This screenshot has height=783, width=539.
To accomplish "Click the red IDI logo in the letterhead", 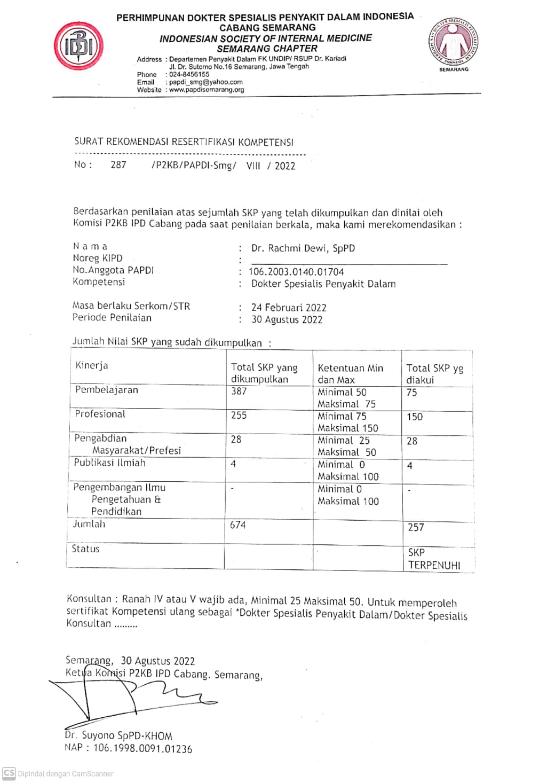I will tap(78, 46).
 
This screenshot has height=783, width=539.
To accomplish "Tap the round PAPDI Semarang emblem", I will tap(453, 41).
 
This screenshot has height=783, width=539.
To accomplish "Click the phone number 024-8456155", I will tap(189, 75).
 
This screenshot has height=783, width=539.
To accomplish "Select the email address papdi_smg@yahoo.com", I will tap(205, 82).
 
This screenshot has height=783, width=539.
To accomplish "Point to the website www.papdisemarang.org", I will tap(207, 90).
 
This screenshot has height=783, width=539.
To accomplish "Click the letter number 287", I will tap(118, 165).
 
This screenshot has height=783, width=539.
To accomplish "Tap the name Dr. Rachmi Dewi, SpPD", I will tap(303, 248).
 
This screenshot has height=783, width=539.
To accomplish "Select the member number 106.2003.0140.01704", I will tap(296, 272).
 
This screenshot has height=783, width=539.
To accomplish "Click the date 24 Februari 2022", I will tap(289, 308).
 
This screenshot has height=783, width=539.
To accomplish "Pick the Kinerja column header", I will tap(92, 366).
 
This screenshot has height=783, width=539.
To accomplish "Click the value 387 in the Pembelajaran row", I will tap(239, 391).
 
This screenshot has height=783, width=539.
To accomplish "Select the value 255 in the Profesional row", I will tap(239, 416).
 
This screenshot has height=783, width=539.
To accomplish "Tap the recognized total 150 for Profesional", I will tap(415, 417).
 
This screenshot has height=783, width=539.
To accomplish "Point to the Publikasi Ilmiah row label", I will tap(109, 463).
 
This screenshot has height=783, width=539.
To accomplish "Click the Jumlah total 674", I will tap(238, 526).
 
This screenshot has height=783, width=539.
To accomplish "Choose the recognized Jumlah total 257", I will tap(416, 528).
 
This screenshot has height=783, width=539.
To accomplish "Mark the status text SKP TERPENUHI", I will tap(434, 559).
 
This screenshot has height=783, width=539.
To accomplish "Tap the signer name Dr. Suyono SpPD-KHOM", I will tap(118, 736).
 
